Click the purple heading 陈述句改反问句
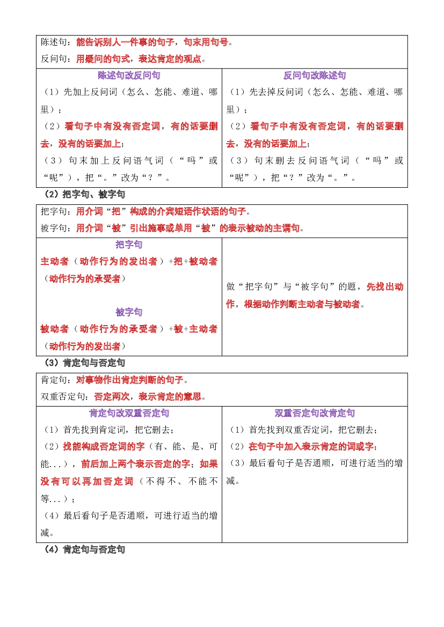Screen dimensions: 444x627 pyautogui.click(x=129, y=75)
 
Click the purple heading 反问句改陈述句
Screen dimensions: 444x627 pyautogui.click(x=315, y=75)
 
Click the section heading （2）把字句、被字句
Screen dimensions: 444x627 pyautogui.click(x=85, y=194)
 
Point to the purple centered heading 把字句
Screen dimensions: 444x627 pyautogui.click(x=129, y=245)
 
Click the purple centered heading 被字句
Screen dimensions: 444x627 pyautogui.click(x=129, y=312)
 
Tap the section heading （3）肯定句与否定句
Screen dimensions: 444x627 pyautogui.click(x=85, y=363)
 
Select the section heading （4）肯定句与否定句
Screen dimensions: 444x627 pyautogui.click(x=85, y=549)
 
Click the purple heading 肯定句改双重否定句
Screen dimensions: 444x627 pyautogui.click(x=129, y=413)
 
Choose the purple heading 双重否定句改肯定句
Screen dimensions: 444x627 pyautogui.click(x=315, y=413)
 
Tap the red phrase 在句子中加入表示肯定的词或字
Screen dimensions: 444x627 pyautogui.click(x=311, y=447)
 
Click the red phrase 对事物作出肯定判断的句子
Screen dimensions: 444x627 pyautogui.click(x=130, y=380)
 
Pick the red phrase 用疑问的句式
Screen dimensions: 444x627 pyautogui.click(x=103, y=59)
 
